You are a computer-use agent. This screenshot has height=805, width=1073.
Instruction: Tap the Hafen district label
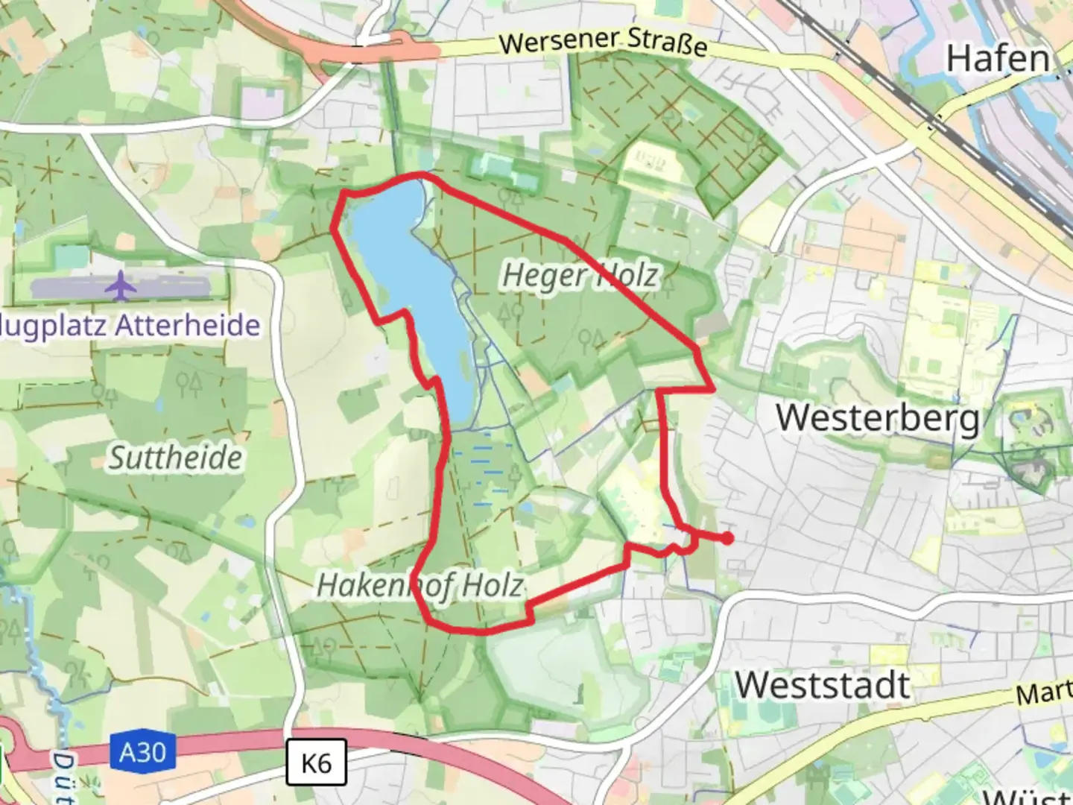coord(997,59)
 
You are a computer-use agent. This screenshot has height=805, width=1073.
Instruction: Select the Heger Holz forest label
coord(580,275)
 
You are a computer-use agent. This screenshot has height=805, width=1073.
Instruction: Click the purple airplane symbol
coord(120,286)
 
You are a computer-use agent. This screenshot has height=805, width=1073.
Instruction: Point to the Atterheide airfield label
coord(130,326)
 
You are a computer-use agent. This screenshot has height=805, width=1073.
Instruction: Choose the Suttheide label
coord(176,458)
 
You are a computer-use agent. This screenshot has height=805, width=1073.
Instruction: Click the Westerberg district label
coord(877,417)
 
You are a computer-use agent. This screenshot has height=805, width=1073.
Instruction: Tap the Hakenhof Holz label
coord(420,586)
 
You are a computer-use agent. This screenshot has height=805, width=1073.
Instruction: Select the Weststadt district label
coord(823,685)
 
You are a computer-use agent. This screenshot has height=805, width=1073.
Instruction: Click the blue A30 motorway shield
coord(143,752)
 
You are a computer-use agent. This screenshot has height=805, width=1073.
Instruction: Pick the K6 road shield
coord(316,763)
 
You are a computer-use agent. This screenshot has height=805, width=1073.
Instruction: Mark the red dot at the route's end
coord(727,537)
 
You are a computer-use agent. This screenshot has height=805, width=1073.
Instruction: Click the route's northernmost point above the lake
coord(420,175)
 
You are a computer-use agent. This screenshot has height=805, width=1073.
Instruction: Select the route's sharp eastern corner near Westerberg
coord(713,388)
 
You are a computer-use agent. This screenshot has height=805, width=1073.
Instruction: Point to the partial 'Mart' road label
coord(1043,693)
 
